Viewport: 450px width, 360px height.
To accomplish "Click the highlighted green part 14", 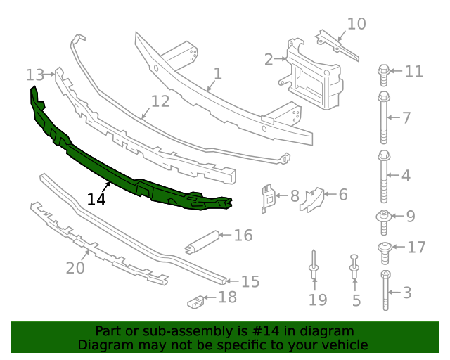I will tap(127, 169).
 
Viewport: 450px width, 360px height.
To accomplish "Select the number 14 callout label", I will tap(96, 200).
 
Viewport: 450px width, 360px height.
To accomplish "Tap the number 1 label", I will tap(218, 74).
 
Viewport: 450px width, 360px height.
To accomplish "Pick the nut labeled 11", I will tap(384, 71).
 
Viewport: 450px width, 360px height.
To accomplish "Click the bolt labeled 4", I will tap(384, 175).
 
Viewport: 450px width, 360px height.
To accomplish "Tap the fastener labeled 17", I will tap(385, 247).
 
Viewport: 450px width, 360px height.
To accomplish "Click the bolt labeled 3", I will tap(385, 290).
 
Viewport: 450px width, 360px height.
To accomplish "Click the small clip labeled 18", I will tap(196, 302).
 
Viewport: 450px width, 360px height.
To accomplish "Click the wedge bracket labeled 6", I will tap(311, 199).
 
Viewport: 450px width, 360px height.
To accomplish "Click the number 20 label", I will tap(75, 268).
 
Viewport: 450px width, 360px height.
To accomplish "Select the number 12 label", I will tap(160, 101).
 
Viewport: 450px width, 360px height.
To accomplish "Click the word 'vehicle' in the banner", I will tap(344, 345).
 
